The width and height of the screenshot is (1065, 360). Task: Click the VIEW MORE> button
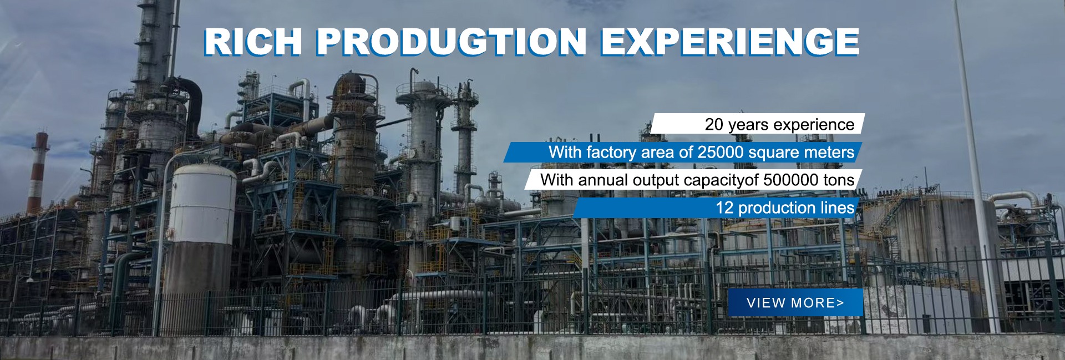pos(795,302)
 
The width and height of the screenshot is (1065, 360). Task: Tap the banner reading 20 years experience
pos(757,124)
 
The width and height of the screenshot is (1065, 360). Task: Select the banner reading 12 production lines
pos(716,207)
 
